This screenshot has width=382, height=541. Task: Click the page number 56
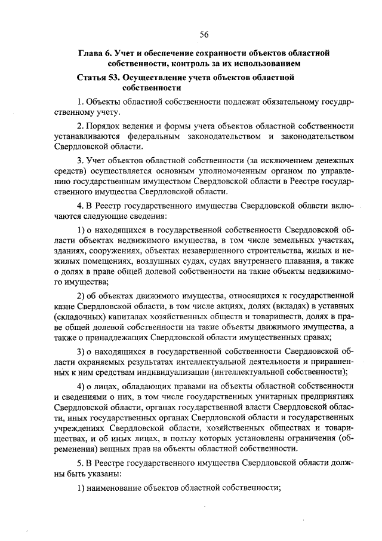(204, 33)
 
